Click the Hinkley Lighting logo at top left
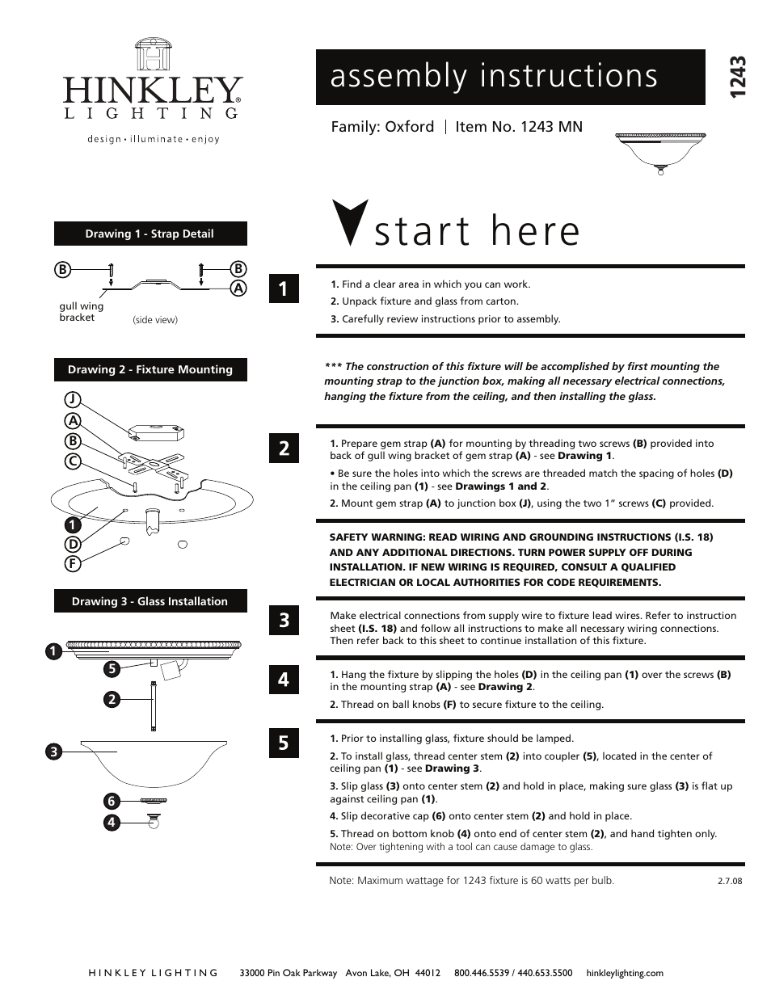coord(152,91)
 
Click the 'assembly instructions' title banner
coord(510,77)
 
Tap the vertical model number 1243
coord(735,78)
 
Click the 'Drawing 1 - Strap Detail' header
coord(150,234)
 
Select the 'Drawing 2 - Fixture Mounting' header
coord(150,369)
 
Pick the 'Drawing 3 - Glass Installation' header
coord(150,601)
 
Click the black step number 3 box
coord(284,621)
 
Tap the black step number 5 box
coord(284,742)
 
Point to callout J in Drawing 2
coord(73,398)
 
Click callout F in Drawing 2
coord(73,564)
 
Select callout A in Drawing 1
coord(238,288)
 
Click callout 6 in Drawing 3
coord(112,801)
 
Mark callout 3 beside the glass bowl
coord(53,752)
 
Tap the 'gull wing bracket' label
coord(81,312)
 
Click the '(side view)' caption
coord(154,320)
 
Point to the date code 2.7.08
coord(729,881)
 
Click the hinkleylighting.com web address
coord(624,973)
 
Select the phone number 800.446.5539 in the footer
coord(482,973)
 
